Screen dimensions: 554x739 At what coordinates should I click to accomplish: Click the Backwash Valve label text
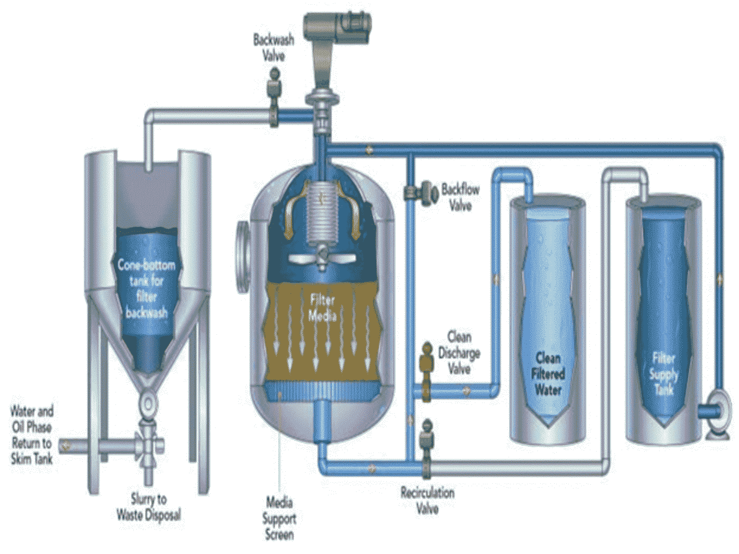pyautogui.click(x=273, y=47)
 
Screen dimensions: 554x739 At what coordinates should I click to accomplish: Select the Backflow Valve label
pyautogui.click(x=460, y=197)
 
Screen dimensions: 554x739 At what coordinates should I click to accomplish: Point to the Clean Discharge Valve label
pyautogui.click(x=459, y=353)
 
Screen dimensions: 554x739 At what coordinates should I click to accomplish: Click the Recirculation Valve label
pyautogui.click(x=427, y=501)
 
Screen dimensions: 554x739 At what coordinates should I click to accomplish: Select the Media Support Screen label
pyautogui.click(x=279, y=518)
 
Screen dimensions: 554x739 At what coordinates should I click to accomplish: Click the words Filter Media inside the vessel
pyautogui.click(x=322, y=308)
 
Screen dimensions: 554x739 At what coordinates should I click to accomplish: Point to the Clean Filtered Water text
pyautogui.click(x=548, y=374)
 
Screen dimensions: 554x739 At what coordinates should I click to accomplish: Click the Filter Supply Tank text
pyautogui.click(x=664, y=374)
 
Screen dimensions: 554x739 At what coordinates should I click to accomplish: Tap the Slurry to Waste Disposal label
pyautogui.click(x=149, y=507)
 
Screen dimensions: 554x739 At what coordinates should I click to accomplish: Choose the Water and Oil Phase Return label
pyautogui.click(x=32, y=435)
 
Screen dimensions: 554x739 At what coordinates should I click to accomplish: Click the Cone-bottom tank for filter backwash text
pyautogui.click(x=146, y=289)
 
